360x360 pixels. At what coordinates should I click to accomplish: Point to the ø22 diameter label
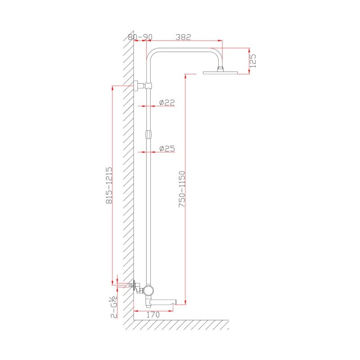tap(166, 103)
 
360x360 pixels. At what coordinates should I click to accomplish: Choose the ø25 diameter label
tap(166, 148)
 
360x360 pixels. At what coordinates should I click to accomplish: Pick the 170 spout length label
tap(153, 315)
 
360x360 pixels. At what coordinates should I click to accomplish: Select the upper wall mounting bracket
tap(140, 85)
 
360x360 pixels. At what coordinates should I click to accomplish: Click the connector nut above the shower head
tap(220, 68)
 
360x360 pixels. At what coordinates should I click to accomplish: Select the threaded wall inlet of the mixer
tap(131, 284)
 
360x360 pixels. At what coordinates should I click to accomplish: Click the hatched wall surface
tap(129, 180)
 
